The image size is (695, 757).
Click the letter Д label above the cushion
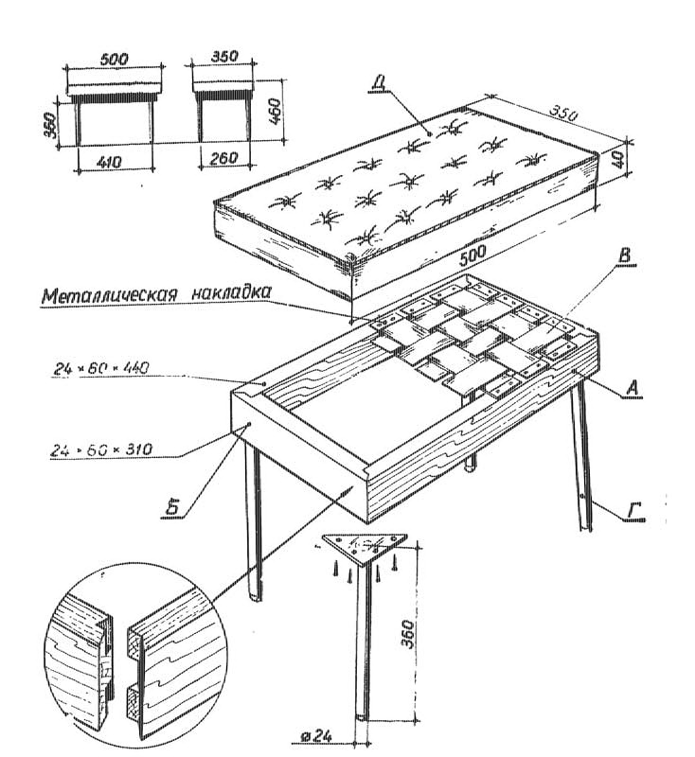[x=379, y=82]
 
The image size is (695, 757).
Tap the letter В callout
[x=626, y=255]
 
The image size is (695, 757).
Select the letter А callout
[x=633, y=388]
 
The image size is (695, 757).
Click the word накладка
[x=232, y=293]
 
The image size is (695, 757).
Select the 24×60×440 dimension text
[x=100, y=369]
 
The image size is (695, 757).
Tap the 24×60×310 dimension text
[x=101, y=450]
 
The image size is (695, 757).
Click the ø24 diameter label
[x=316, y=737]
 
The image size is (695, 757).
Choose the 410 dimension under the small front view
[x=108, y=163]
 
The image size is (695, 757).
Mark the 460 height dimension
[x=274, y=112]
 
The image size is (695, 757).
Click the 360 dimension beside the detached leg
[x=407, y=635]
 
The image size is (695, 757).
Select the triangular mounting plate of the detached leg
[x=365, y=547]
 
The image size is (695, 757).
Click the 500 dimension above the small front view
[x=114, y=60]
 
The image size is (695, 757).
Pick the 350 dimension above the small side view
[x=224, y=57]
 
